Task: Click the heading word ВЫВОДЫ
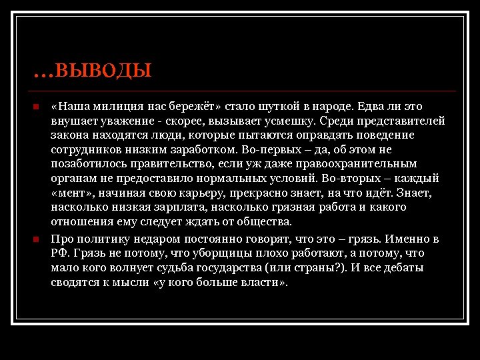[x=104, y=69]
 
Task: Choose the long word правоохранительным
[x=367, y=164]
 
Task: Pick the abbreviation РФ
[x=59, y=254]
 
